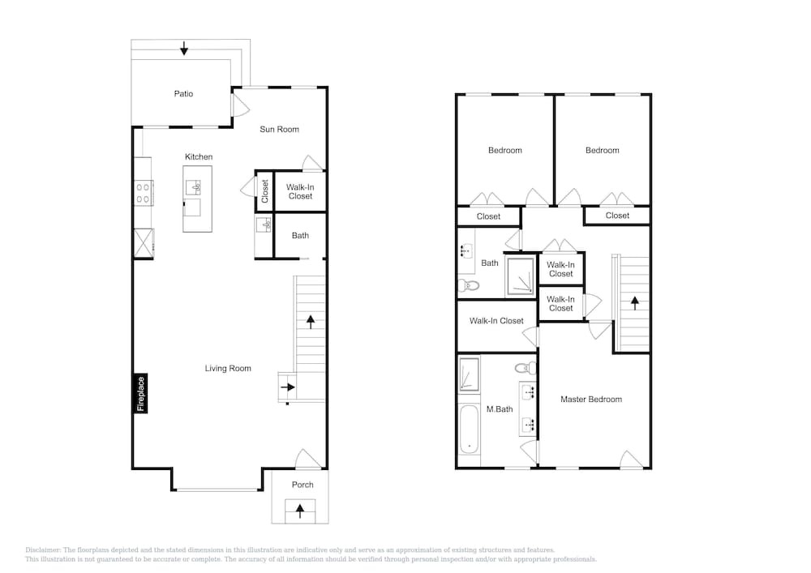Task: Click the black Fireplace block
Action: (x=140, y=393)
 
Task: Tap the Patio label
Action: (x=183, y=93)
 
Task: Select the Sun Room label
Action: (x=279, y=129)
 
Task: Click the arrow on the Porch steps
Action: (x=300, y=511)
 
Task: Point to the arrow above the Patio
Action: (x=183, y=49)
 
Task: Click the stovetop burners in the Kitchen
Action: (x=144, y=193)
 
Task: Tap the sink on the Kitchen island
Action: (x=194, y=187)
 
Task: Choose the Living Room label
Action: (x=228, y=369)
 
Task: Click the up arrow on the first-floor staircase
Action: (x=311, y=322)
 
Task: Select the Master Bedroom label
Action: (x=591, y=400)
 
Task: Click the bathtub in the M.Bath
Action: (x=469, y=430)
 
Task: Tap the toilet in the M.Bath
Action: (x=526, y=369)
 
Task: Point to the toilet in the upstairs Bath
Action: (x=469, y=284)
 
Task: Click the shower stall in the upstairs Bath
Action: (x=521, y=276)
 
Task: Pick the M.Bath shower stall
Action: (x=469, y=374)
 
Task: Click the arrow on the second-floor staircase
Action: (x=635, y=303)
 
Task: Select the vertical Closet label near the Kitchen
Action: (x=265, y=191)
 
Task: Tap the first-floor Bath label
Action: (x=301, y=236)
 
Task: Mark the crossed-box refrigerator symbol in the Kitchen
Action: (x=144, y=243)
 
